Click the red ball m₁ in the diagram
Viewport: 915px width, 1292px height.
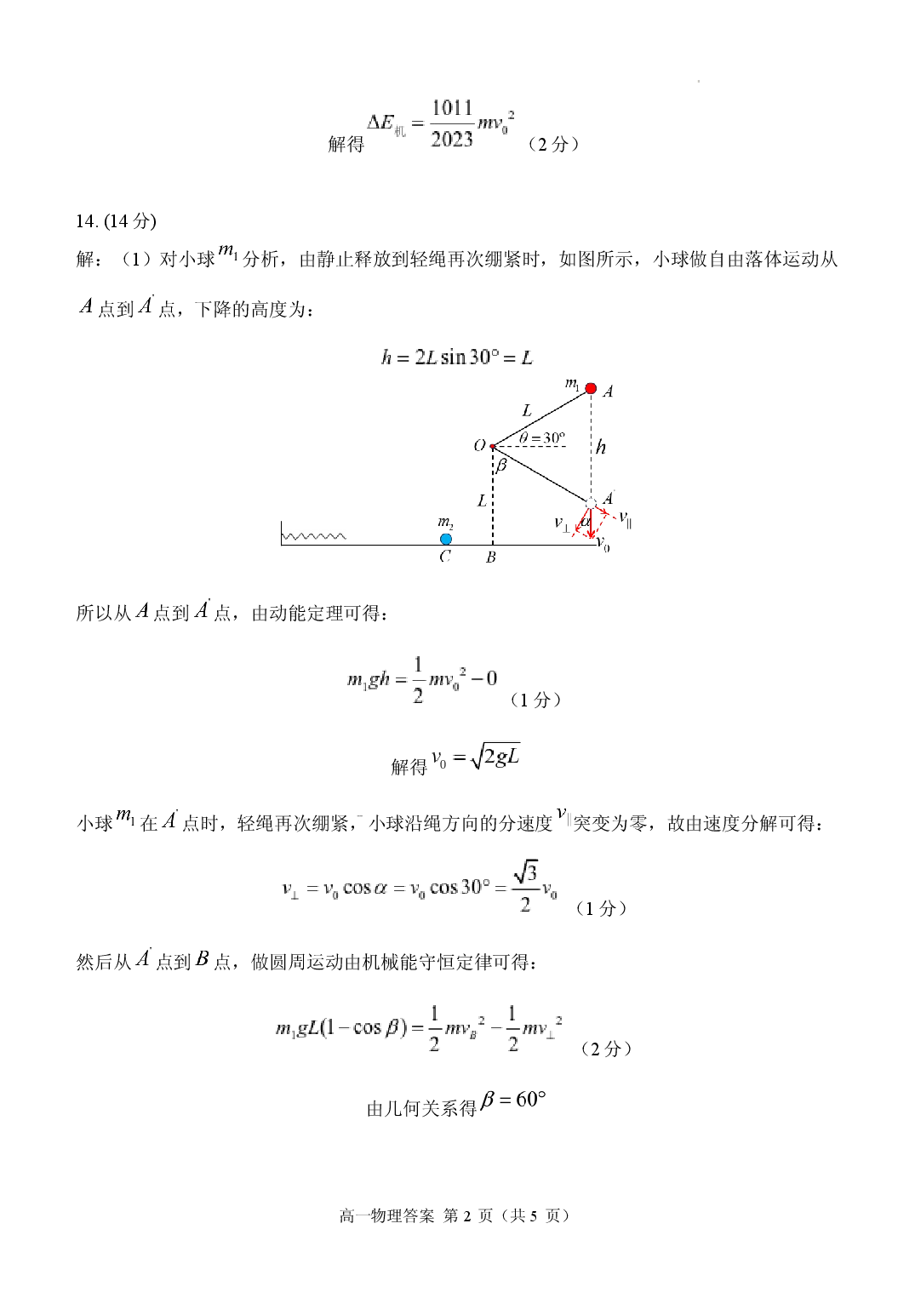(590, 388)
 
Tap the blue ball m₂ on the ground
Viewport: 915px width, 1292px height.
(446, 539)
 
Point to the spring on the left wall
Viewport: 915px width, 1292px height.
(315, 536)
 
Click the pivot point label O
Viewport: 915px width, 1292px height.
(479, 445)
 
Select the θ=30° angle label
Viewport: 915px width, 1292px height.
(541, 437)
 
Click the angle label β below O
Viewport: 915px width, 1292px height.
(500, 465)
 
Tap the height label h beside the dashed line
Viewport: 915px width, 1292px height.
(601, 447)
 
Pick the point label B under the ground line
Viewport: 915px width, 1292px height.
(490, 557)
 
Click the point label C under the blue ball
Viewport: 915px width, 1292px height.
(445, 557)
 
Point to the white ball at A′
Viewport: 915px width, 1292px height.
(590, 503)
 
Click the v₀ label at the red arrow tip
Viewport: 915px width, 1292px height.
(603, 543)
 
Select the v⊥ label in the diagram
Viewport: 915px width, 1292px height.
(562, 523)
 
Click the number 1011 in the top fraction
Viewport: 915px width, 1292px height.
(452, 108)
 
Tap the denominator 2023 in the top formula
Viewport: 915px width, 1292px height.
(452, 139)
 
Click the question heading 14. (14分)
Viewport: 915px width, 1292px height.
(116, 221)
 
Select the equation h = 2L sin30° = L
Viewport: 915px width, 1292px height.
(457, 357)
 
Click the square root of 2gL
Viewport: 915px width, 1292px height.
(495, 756)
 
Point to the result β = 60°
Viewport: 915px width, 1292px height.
(513, 1100)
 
